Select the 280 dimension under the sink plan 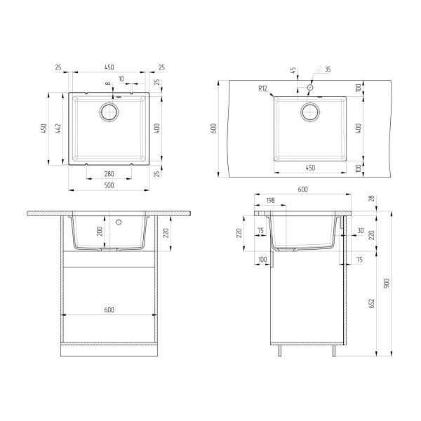click(109, 173)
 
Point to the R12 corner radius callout click(263, 88)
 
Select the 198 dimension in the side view click(271, 200)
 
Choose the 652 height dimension click(371, 302)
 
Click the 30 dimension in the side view click(360, 230)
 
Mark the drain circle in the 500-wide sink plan click(109, 112)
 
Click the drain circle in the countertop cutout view click(309, 112)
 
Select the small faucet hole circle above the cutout click(309, 88)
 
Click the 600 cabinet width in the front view click(109, 310)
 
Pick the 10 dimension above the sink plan click(121, 79)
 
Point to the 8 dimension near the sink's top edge click(107, 84)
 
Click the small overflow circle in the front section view click(119, 222)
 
